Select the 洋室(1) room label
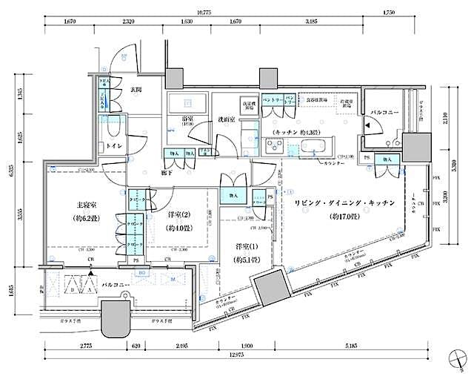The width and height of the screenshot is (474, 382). coord(239,248)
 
